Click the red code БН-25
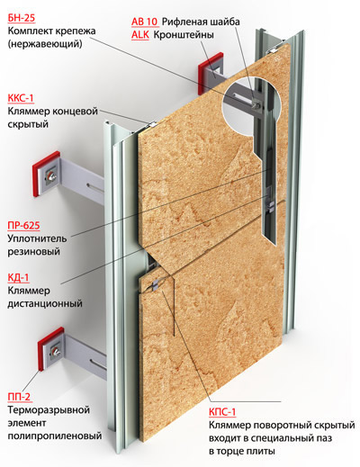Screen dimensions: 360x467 click(22, 18)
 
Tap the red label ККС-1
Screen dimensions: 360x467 click(21, 98)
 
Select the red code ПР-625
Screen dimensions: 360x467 click(23, 225)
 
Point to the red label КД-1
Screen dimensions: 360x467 click(18, 277)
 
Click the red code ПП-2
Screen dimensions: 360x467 click(19, 397)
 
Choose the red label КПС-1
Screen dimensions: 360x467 click(222, 412)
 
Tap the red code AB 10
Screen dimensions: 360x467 click(145, 22)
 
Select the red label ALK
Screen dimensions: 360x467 click(140, 35)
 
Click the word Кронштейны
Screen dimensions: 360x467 click(184, 35)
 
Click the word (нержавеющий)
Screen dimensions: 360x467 click(45, 44)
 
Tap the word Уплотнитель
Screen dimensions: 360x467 click(37, 238)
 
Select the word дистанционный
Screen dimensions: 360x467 click(45, 303)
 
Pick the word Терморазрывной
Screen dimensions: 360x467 click(49, 409)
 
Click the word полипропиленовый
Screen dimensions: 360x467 click(55, 436)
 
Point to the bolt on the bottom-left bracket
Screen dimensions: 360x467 click(56, 351)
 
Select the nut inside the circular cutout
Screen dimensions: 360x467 click(256, 104)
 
